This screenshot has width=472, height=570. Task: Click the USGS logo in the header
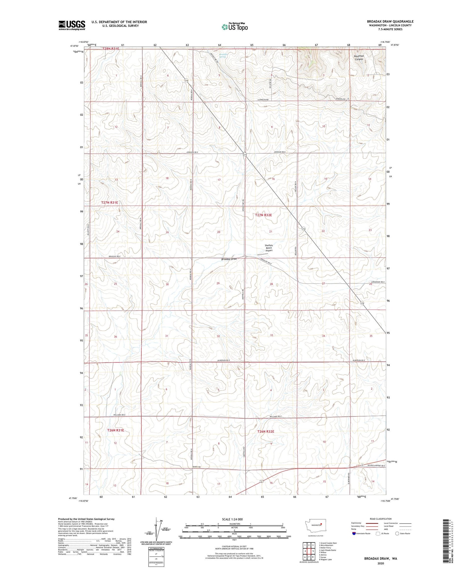click(x=72, y=25)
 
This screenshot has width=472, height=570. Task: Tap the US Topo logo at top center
click(x=234, y=27)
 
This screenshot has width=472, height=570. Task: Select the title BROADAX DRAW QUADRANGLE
click(x=390, y=21)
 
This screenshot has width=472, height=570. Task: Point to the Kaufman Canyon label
click(x=359, y=58)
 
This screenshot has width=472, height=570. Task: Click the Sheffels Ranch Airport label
click(x=268, y=248)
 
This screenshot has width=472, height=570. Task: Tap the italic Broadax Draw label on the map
click(x=229, y=259)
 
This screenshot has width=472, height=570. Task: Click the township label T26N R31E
click(x=115, y=430)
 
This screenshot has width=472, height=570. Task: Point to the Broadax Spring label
click(x=223, y=55)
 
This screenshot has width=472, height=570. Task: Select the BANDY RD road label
click(x=197, y=467)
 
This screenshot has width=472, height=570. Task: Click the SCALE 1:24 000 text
click(x=234, y=519)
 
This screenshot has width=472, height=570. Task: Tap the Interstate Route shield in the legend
click(x=354, y=534)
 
